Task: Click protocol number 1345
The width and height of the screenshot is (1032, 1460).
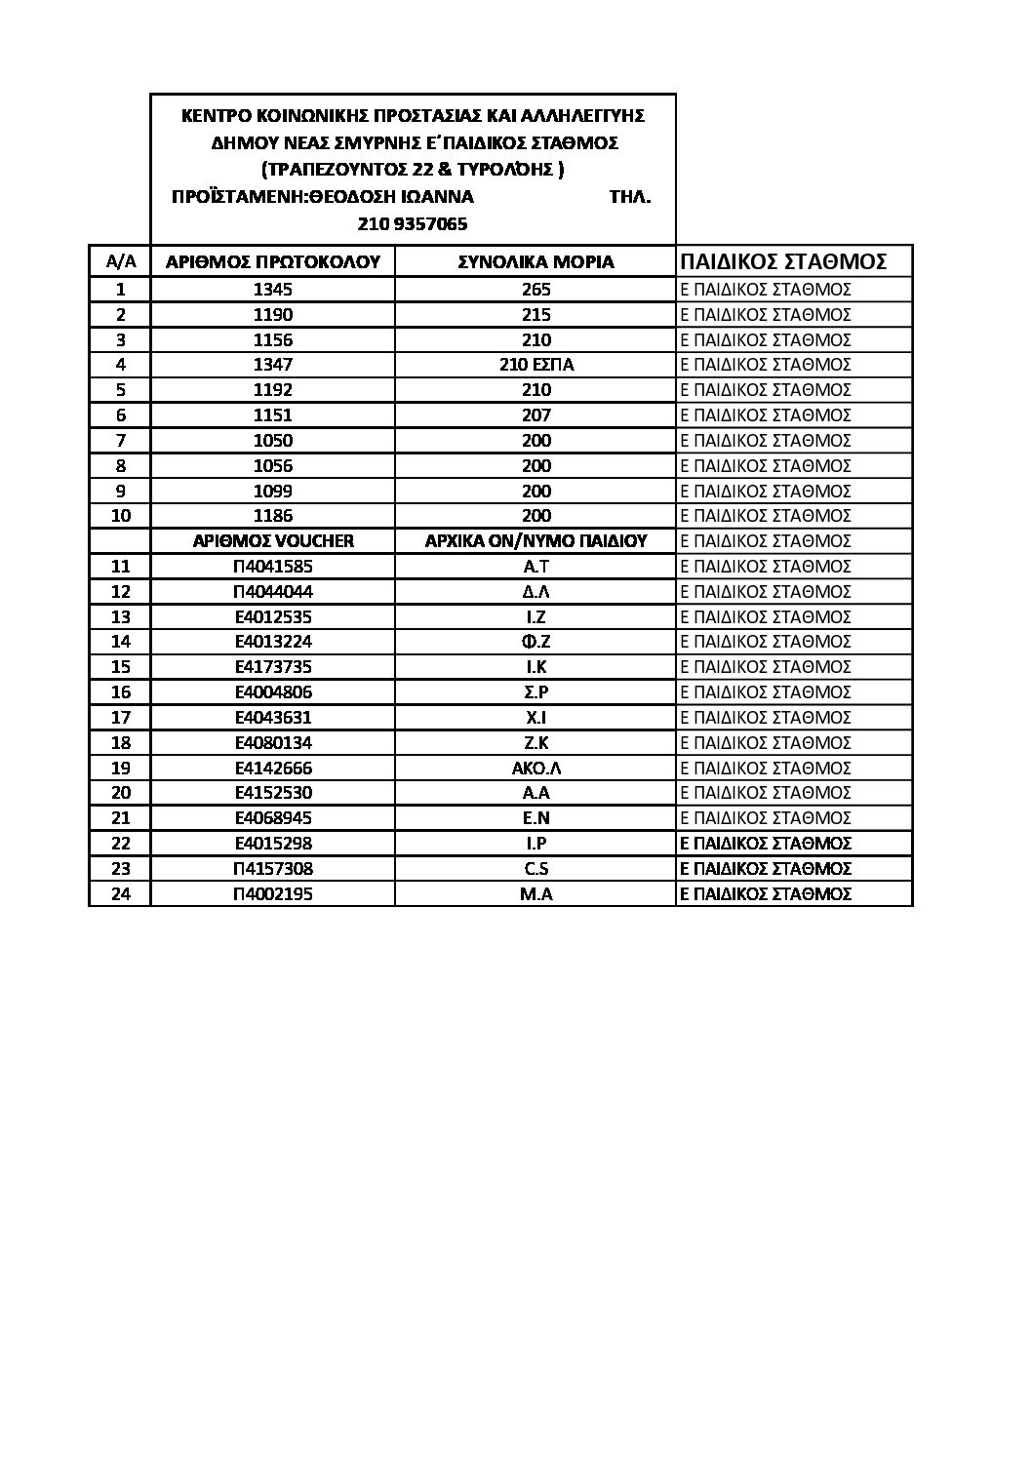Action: [x=272, y=290]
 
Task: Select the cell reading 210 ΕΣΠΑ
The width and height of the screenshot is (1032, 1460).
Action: [x=536, y=365]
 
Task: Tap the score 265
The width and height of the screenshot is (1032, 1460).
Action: [x=536, y=290]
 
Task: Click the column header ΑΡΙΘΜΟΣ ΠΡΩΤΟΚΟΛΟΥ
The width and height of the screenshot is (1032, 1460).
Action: [x=273, y=261]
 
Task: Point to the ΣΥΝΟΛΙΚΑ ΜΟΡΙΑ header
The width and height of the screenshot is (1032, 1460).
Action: [x=536, y=261]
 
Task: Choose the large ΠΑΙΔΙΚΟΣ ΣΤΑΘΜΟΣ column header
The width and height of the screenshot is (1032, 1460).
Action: [x=783, y=261]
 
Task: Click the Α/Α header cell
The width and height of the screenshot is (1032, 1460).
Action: [x=120, y=261]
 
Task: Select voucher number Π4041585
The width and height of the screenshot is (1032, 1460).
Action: [x=273, y=567]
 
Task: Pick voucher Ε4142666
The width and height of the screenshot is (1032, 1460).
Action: [x=273, y=768]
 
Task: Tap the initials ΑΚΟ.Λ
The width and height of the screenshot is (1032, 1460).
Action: [x=536, y=768]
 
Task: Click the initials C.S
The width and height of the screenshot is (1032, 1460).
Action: [x=536, y=868]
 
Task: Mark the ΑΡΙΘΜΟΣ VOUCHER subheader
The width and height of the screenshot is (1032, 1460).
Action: [x=273, y=541]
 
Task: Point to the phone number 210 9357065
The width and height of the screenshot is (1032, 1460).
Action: [x=413, y=224]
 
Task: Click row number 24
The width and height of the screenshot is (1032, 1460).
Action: [x=121, y=893]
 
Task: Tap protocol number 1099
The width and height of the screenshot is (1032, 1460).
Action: [x=272, y=491]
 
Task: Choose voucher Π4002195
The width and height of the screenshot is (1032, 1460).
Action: [x=273, y=893]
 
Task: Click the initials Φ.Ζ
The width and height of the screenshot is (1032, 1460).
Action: [x=536, y=642]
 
